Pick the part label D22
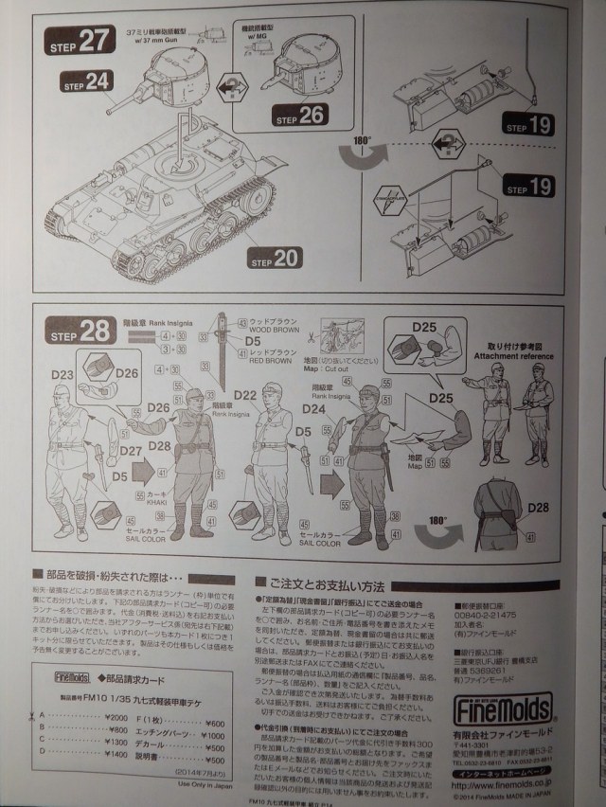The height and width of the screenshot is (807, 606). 245,394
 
